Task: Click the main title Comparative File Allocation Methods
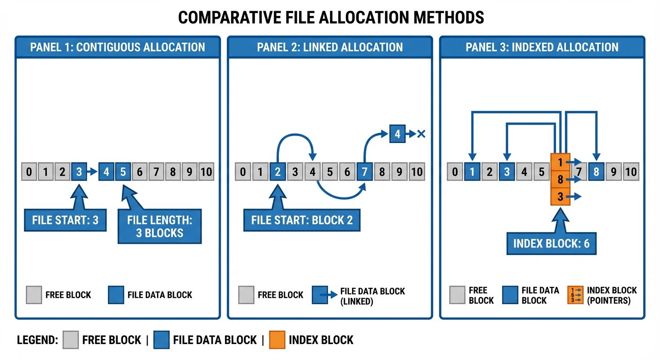(x=331, y=17)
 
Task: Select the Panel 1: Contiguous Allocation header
(x=118, y=47)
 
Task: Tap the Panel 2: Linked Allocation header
(x=330, y=47)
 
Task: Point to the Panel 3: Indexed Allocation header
(x=542, y=47)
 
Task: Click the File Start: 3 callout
(x=65, y=220)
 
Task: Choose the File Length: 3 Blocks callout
(x=159, y=226)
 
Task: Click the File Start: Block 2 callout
(x=301, y=220)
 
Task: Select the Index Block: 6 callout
(x=551, y=244)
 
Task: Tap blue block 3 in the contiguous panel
(x=79, y=172)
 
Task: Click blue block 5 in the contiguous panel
(x=123, y=172)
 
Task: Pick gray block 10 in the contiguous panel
(x=206, y=172)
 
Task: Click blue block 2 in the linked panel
(x=277, y=172)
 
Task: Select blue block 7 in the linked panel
(x=364, y=172)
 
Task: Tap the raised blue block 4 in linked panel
(x=397, y=134)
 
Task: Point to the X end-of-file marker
(x=420, y=134)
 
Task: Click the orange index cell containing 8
(x=560, y=179)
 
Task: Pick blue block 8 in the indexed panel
(x=596, y=172)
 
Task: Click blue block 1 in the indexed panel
(x=472, y=172)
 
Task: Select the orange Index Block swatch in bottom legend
(x=277, y=340)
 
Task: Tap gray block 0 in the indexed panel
(x=455, y=172)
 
